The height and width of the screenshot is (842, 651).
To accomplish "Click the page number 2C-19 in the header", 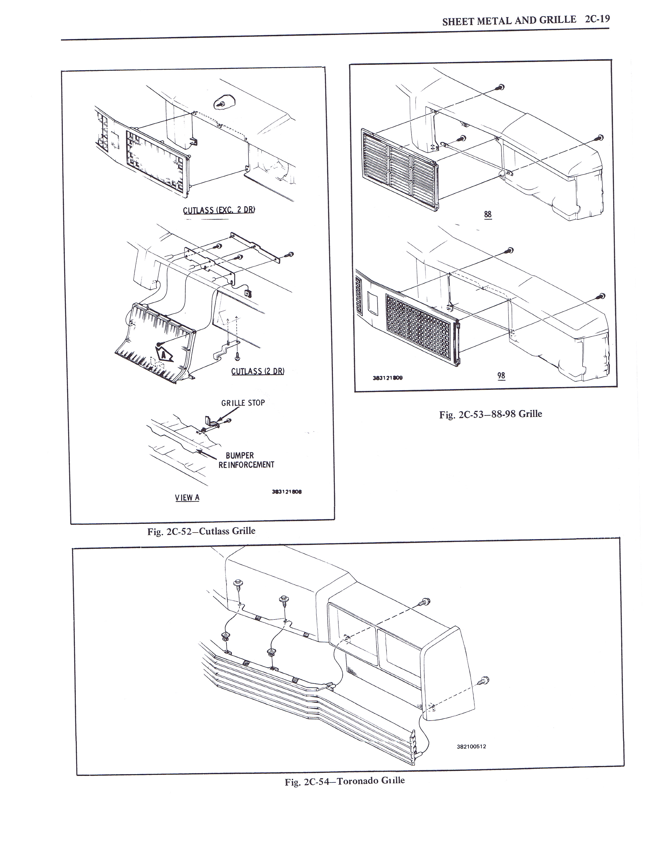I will pos(597,19).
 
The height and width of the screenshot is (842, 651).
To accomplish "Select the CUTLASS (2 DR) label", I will pos(258,371).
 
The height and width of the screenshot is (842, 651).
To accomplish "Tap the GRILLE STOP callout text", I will pos(243,403).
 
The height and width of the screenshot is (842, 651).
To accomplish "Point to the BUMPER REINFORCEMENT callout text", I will pos(246,460).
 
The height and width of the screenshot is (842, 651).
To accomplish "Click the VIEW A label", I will pos(187,497).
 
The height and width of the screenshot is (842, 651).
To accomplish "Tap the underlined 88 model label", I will pos(488,214).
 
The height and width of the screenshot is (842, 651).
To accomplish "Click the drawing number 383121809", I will pos(388,378).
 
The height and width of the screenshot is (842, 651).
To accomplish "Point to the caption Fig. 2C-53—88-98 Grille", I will pos(491,414).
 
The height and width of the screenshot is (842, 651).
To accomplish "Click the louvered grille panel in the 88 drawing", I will pos(399,170).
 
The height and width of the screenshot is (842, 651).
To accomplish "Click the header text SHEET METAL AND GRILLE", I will pos(509,21).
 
